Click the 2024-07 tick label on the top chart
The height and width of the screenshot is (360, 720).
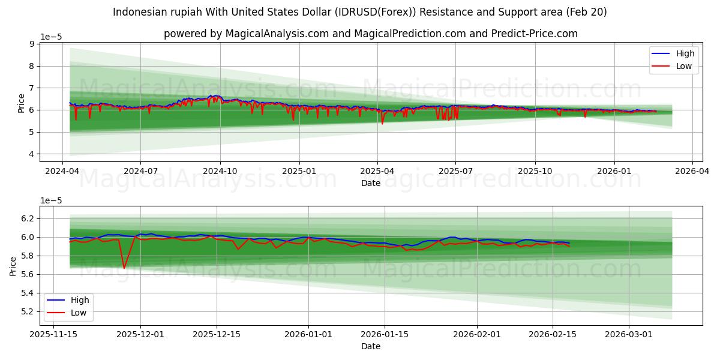pos(140,171)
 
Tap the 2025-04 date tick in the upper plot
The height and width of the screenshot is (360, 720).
pos(377,171)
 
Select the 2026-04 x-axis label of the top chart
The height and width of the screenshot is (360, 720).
pos(692,171)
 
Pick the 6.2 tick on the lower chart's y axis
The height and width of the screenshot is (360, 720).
pos(27,218)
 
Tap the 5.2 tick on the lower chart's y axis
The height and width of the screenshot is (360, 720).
pos(27,311)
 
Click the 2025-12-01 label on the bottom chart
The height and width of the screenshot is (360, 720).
pos(140,334)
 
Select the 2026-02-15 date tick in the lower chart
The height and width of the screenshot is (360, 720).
pos(552,334)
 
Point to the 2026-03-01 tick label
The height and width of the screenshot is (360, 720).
pos(628,334)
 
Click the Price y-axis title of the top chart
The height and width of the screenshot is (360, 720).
pos(22,103)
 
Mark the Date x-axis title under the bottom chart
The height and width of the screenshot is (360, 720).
pos(371,346)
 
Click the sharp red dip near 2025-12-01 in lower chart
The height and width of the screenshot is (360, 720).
pos(124,268)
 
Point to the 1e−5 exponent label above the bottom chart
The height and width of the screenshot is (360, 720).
pos(51,200)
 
